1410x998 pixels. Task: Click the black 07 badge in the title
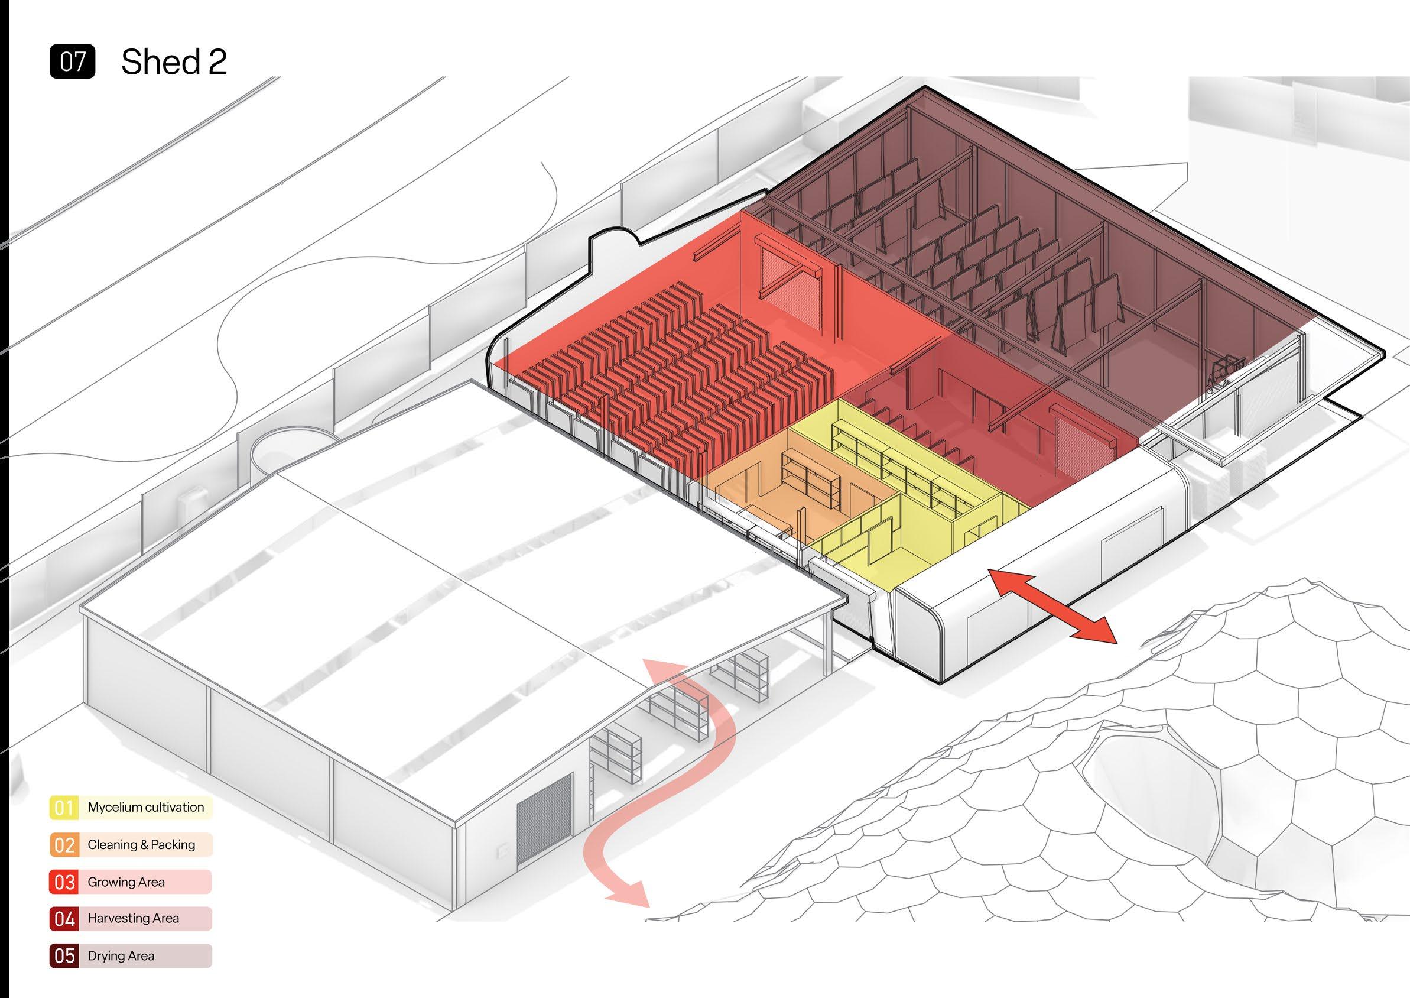point(73,62)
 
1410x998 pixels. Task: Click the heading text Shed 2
point(174,62)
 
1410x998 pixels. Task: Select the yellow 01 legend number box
point(64,808)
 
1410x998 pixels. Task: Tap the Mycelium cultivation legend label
point(145,807)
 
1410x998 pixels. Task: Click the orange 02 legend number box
point(64,845)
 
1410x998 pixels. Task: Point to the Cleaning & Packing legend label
point(141,844)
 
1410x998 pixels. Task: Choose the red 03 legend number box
point(64,883)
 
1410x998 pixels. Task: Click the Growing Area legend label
point(126,882)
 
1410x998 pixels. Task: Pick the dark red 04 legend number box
point(64,919)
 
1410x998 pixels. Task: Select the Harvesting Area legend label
point(134,919)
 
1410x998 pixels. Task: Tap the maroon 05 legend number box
point(64,956)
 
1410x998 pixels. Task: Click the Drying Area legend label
point(121,956)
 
